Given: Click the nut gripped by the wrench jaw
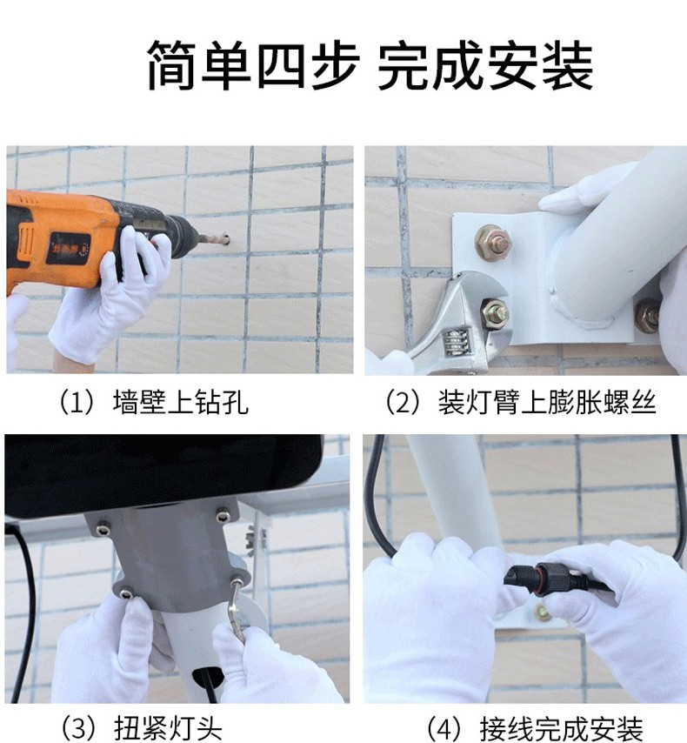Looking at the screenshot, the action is click(495, 313).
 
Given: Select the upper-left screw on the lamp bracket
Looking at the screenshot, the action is click(103, 529).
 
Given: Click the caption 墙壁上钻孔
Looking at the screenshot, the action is click(180, 403).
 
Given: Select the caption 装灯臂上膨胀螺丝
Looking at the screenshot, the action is click(547, 403).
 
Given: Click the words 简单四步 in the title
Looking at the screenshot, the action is click(252, 65).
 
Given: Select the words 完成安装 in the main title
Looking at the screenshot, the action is click(485, 65).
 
